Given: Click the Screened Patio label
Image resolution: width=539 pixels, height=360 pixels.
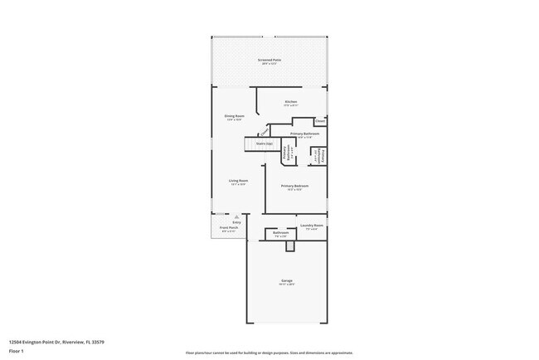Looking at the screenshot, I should pos(269,61).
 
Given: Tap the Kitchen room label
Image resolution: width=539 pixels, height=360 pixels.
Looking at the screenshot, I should pos(291,102).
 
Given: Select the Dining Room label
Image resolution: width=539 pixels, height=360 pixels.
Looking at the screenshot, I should pos(235,115).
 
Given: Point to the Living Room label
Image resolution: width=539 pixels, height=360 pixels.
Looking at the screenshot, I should pos(239,181).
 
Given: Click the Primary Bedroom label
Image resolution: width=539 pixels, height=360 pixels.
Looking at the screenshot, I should pos(295,186).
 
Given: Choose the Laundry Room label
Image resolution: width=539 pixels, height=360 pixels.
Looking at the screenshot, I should pos(312,225).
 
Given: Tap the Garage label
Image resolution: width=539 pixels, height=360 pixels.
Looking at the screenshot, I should pos(286,281).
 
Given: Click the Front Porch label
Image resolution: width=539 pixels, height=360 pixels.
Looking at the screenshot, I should pos(228,227).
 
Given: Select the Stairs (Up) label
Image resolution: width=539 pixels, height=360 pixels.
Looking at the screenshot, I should pos(265,144).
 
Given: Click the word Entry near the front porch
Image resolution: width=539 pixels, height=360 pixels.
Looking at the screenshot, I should pos(236,222).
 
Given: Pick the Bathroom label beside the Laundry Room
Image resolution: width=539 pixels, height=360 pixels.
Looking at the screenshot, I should pos(280,233).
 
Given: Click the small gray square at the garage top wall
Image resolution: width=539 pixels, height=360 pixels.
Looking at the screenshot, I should pos(289,246).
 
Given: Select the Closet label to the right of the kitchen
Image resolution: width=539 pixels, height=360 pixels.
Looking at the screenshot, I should pos(320,120).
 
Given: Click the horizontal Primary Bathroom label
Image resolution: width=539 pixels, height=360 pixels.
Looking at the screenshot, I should pos(305,134).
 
